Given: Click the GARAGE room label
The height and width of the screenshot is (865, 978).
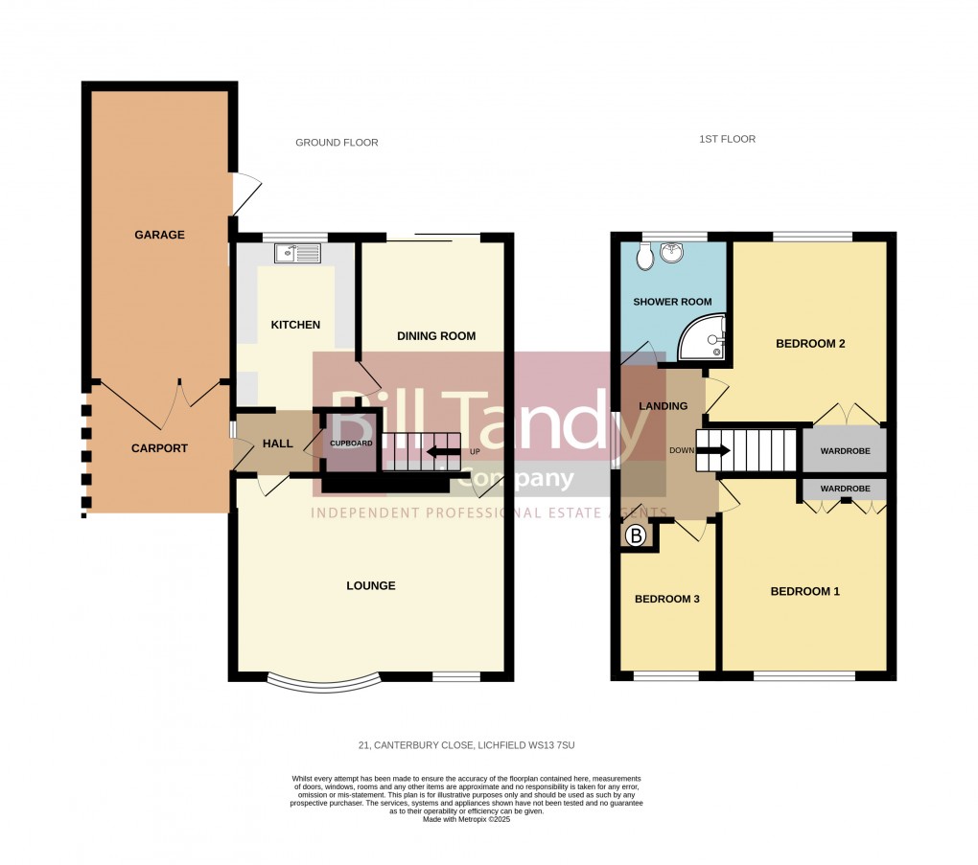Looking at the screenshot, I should point(159,235).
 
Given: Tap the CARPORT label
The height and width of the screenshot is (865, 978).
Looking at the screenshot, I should point(159,448).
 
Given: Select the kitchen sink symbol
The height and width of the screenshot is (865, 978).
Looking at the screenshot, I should point(296,253).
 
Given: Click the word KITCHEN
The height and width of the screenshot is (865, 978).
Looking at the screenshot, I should point(295,325).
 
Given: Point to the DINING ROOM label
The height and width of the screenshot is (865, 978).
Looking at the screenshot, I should point(436,336).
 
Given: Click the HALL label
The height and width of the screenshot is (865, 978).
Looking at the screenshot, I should point(277,444).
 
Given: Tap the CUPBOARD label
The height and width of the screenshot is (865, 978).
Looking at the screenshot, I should point(351,444).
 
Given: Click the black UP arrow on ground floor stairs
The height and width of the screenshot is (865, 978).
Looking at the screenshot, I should point(443,451).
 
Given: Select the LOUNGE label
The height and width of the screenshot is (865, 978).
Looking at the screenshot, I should point(370,585).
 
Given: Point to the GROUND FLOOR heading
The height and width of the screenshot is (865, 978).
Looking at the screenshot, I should point(337,143).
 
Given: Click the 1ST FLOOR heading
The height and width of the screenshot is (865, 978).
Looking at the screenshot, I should point(727,139).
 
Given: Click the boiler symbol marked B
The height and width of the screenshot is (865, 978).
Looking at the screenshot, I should point(635,537).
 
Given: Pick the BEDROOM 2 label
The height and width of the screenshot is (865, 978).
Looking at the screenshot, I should point(809,344).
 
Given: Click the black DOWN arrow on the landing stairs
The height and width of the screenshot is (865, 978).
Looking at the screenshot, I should point(711,450).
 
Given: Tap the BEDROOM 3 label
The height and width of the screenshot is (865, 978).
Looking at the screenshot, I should point(666,599).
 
